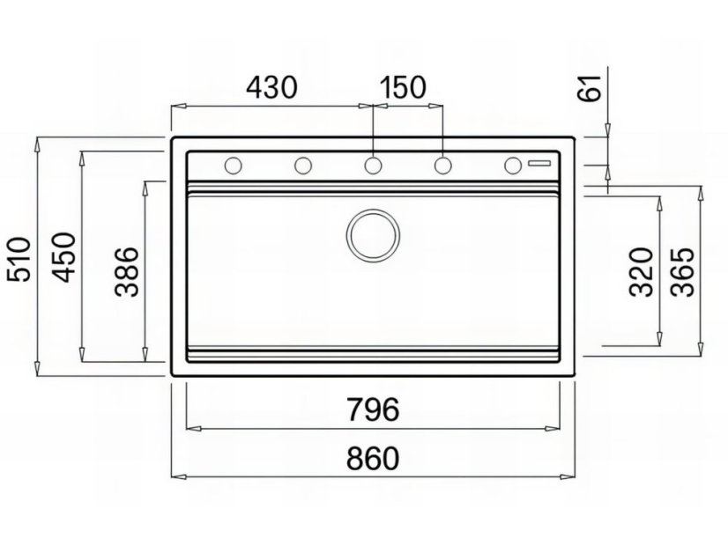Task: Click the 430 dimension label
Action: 271,87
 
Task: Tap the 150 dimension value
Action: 403,87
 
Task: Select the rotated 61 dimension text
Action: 589,88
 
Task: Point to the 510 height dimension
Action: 19,259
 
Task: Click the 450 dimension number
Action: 63,257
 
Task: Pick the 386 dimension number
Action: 127,272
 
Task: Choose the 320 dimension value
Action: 641,272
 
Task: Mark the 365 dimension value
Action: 682,272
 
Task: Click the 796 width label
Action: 374,409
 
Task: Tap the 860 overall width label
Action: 373,458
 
